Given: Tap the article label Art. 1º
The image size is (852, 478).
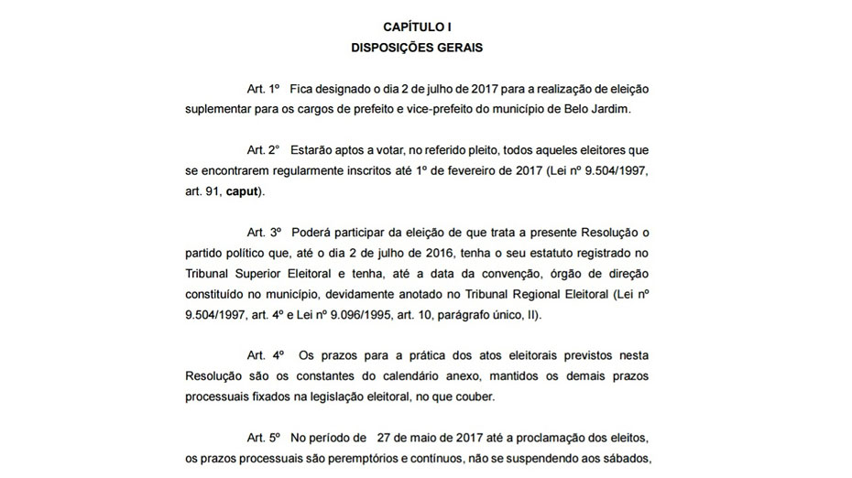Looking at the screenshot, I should tap(263, 89).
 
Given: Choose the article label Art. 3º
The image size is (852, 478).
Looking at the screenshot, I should tap(263, 233).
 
